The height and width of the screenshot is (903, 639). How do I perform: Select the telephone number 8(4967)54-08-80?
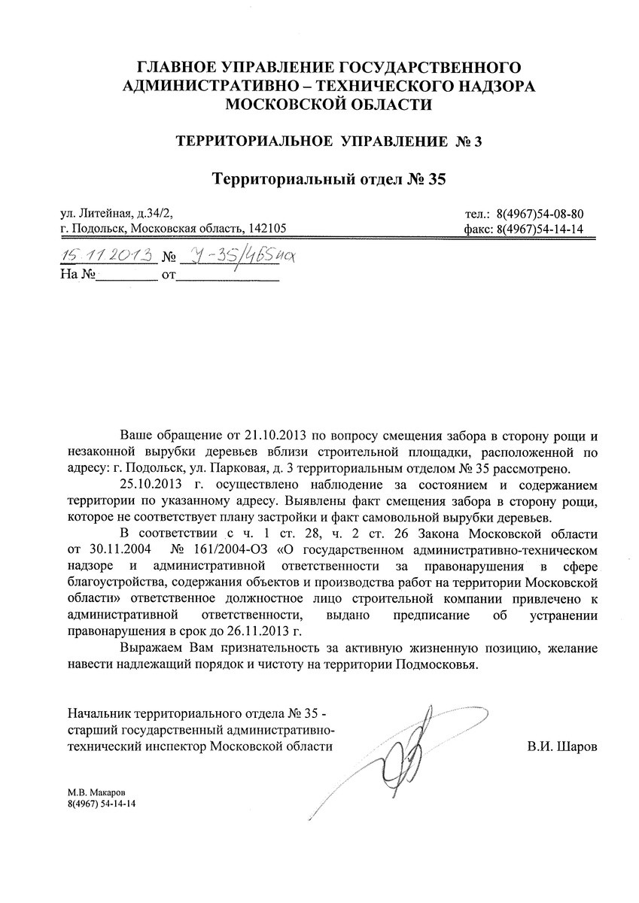tap(541, 214)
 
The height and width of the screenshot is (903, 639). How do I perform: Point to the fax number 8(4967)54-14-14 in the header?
tap(541, 230)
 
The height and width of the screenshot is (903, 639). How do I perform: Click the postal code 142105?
tap(269, 230)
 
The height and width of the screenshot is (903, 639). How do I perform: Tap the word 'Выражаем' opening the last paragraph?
tap(148, 648)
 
